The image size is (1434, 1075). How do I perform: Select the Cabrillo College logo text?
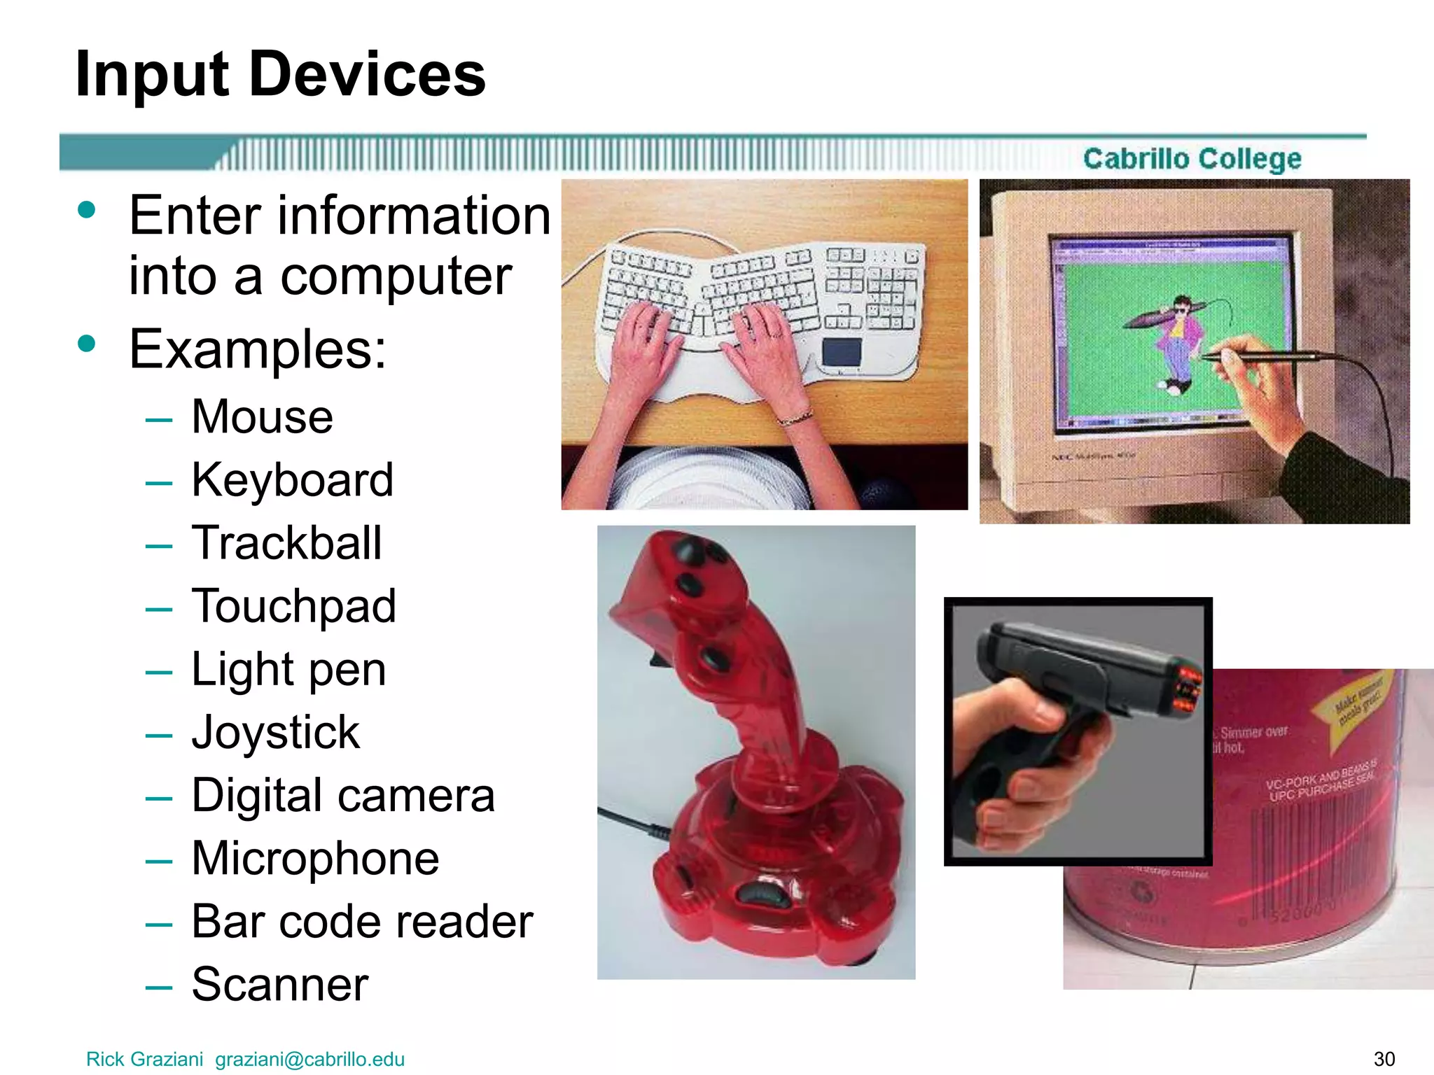point(1192,159)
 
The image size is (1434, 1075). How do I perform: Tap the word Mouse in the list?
point(262,417)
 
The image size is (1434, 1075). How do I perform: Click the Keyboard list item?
point(292,480)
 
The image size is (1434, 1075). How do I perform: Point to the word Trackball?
point(286,543)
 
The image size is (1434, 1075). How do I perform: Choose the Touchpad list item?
point(293,606)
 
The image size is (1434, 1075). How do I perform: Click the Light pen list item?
point(288,670)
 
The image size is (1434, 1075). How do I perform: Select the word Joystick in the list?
point(275,733)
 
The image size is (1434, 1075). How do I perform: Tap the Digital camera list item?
point(342,796)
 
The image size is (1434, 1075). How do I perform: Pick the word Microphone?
point(315,859)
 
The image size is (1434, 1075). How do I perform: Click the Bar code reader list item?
point(361,922)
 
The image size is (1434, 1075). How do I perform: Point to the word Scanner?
point(279,985)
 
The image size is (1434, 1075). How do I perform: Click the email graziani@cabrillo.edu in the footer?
point(309,1059)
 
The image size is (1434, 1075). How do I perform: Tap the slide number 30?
point(1384,1059)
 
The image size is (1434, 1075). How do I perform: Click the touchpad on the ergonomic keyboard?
point(841,351)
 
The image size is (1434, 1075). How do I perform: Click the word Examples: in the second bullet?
point(257,349)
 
